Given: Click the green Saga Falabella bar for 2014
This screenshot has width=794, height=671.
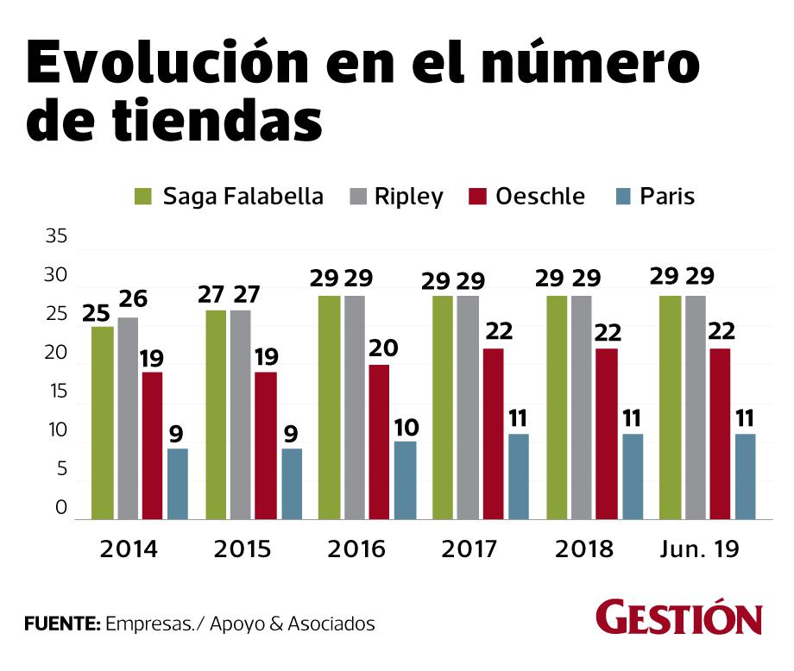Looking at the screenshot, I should click(103, 423).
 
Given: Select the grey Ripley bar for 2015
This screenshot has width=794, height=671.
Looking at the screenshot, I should click(241, 415).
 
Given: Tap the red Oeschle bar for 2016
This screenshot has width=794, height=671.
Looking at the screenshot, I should click(379, 442).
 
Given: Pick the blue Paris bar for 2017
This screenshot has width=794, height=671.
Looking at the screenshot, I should click(519, 476).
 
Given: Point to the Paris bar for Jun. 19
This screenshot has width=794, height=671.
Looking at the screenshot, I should click(745, 476).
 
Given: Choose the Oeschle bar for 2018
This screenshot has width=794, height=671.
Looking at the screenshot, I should click(606, 434).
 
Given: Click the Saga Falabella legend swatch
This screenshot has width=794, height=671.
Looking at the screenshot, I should click(143, 197).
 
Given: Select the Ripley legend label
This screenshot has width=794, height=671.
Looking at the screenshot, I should click(409, 197).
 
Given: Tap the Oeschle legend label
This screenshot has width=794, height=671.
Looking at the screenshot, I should click(540, 197).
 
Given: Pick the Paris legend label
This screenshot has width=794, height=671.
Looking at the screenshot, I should click(667, 197).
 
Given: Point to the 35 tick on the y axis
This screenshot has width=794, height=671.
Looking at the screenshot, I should click(55, 237).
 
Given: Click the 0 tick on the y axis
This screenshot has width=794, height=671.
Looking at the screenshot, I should click(61, 508).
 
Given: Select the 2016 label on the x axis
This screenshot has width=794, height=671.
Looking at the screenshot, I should click(356, 549).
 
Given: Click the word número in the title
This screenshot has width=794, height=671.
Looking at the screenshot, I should click(583, 62).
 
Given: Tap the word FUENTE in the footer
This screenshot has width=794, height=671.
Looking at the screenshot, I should click(61, 624).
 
